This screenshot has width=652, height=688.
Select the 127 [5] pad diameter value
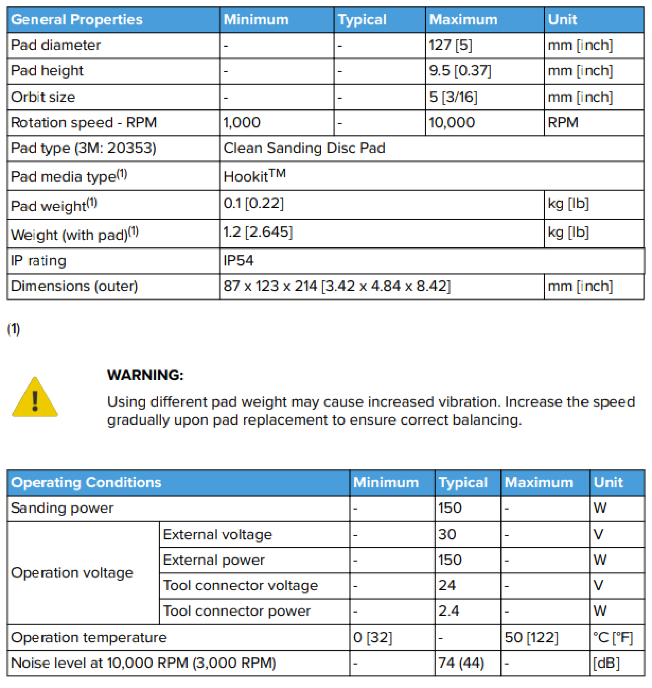[450, 45]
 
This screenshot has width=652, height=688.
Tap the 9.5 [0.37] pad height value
[460, 71]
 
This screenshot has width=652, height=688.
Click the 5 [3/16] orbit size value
[453, 97]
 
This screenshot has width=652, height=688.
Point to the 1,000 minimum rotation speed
[241, 123]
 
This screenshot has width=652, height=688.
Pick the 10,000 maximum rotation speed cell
[452, 123]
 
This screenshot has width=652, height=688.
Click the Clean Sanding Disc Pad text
[304, 148]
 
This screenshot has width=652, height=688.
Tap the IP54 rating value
[238, 261]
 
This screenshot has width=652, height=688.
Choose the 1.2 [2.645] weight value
[258, 232]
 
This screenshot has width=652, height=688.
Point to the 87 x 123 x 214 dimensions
[336, 286]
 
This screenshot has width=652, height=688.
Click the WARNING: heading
[145, 375]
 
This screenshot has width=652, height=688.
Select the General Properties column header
[77, 20]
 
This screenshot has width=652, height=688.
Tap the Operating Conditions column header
[86, 482]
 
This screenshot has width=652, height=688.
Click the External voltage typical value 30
[447, 534]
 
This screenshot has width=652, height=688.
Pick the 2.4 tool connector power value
[448, 611]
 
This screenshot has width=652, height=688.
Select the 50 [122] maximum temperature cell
[531, 637]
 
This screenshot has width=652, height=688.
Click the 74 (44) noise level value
[461, 663]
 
